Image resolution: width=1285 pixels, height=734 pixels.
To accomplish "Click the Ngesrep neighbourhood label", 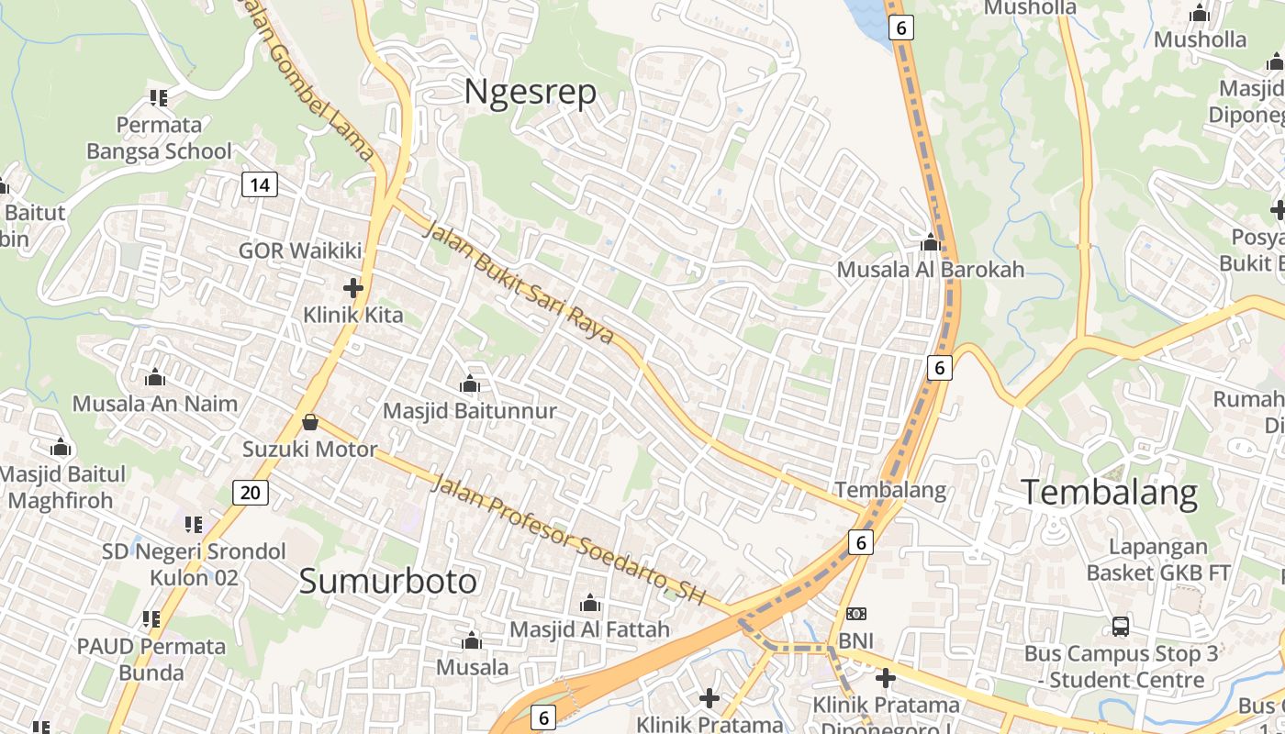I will (x=530, y=92).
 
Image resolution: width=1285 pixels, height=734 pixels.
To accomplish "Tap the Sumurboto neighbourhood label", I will (x=388, y=582).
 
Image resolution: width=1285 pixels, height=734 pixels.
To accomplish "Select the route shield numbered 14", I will (x=260, y=184).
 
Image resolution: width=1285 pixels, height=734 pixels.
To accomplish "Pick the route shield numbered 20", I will (x=250, y=493).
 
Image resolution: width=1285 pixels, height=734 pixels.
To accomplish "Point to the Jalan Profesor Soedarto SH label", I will (x=569, y=539).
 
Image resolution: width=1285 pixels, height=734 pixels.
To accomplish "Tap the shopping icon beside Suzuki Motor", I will (x=310, y=422).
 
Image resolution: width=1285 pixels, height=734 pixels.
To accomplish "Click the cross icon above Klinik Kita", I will (x=353, y=288).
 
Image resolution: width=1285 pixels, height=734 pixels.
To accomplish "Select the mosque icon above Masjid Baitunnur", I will (x=470, y=384).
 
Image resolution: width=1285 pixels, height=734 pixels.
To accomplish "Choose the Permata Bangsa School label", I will (x=159, y=138).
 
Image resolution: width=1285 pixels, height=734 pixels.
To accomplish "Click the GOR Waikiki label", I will (x=300, y=250).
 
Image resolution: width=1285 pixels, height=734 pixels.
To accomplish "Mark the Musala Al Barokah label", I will (x=930, y=270).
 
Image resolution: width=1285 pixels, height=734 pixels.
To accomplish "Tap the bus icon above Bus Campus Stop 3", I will (x=1121, y=627).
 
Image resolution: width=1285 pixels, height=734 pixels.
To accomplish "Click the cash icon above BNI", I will (x=856, y=613).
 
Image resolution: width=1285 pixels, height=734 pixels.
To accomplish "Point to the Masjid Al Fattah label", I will (x=589, y=630).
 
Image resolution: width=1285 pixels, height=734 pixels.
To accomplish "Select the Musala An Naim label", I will (x=154, y=404).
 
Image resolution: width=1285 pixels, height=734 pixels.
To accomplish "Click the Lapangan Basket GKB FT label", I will (x=1158, y=560).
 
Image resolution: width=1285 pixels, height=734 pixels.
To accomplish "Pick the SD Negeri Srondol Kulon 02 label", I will (x=195, y=564).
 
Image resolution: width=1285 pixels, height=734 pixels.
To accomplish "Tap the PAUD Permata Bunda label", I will (x=151, y=659).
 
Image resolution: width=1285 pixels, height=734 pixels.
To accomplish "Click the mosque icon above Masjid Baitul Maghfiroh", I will (x=61, y=448).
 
